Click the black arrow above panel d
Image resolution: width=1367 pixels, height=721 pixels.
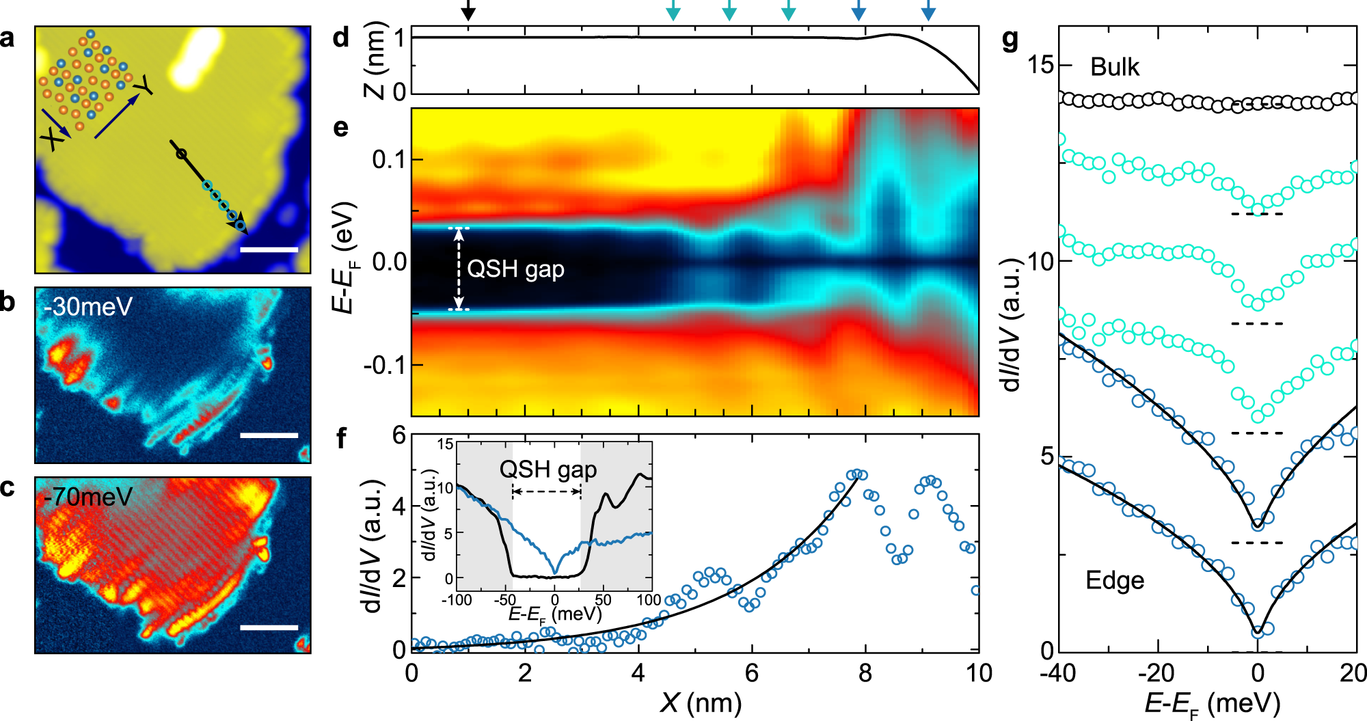pyautogui.click(x=468, y=10)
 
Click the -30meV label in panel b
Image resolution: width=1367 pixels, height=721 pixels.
pyautogui.click(x=88, y=307)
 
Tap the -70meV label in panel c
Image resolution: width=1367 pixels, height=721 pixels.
pyautogui.click(x=88, y=496)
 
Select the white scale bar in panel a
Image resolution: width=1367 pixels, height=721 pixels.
pyautogui.click(x=269, y=250)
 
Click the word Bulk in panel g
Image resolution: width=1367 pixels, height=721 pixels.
pyautogui.click(x=1115, y=67)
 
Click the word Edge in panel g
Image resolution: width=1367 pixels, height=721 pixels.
pyautogui.click(x=1115, y=580)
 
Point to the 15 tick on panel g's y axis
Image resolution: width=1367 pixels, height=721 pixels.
pyautogui.click(x=1040, y=65)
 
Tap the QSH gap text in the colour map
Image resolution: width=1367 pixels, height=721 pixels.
pyautogui.click(x=515, y=269)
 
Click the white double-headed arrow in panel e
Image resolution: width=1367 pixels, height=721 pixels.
pyautogui.click(x=459, y=269)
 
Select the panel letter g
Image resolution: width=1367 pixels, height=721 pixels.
pyautogui.click(x=1010, y=40)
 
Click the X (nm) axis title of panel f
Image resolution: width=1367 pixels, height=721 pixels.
pyautogui.click(x=701, y=703)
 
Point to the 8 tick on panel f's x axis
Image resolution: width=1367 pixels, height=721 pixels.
pyautogui.click(x=865, y=673)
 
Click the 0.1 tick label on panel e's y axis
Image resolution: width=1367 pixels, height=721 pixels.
pyautogui.click(x=388, y=160)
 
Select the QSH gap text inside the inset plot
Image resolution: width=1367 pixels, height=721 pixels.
pyautogui.click(x=548, y=470)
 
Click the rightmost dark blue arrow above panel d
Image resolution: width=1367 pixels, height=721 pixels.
pyautogui.click(x=928, y=10)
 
